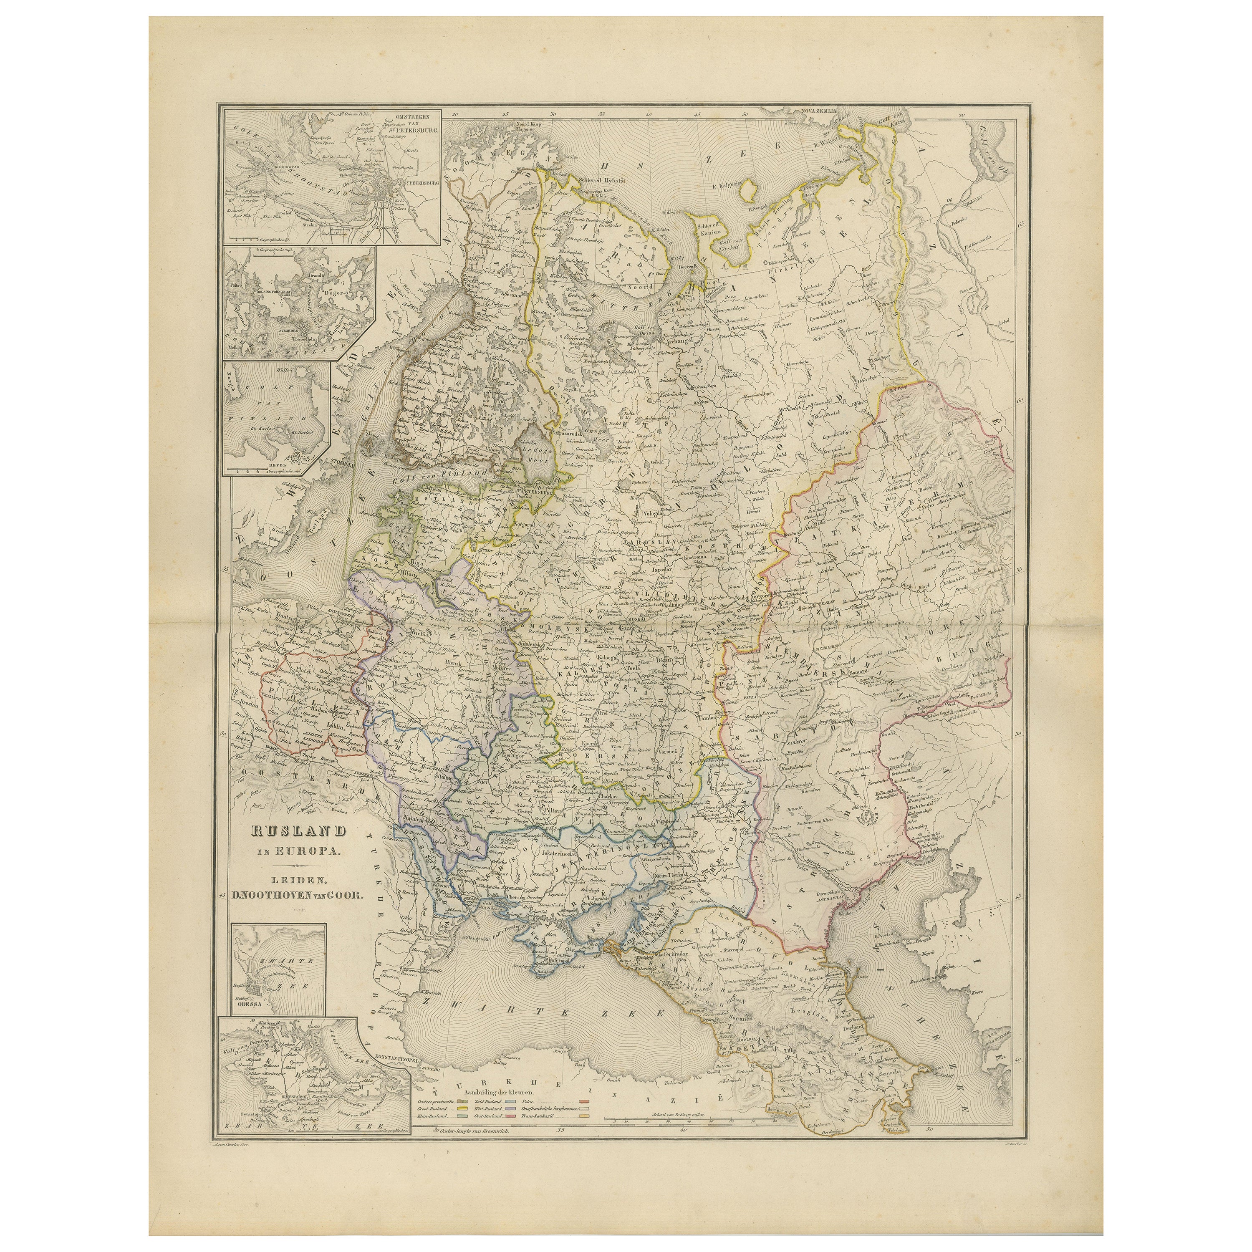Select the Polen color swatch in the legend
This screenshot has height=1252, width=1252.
point(585,1102)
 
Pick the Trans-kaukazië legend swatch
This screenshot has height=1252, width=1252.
point(585,1116)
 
